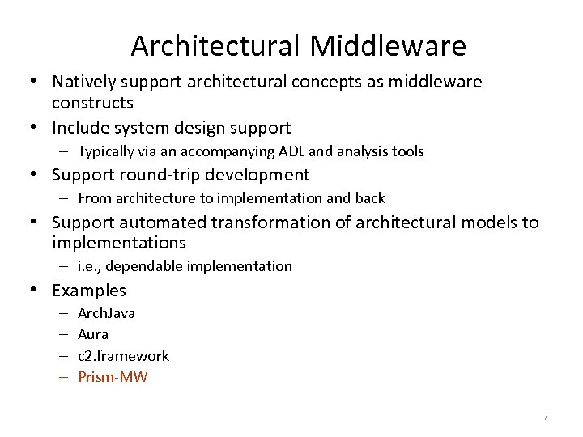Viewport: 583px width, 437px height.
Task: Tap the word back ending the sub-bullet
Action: [370, 197]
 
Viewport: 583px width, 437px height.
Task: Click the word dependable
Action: [148, 266]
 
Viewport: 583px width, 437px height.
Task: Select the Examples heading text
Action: [89, 290]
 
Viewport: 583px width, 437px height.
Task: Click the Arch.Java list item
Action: [106, 313]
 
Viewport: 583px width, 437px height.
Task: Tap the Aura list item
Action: [92, 334]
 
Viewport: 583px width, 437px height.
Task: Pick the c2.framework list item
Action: [123, 355]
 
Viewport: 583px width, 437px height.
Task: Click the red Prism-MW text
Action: [113, 376]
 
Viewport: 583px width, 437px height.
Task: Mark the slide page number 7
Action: [545, 417]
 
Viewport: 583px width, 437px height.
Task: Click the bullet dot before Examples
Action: [36, 290]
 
